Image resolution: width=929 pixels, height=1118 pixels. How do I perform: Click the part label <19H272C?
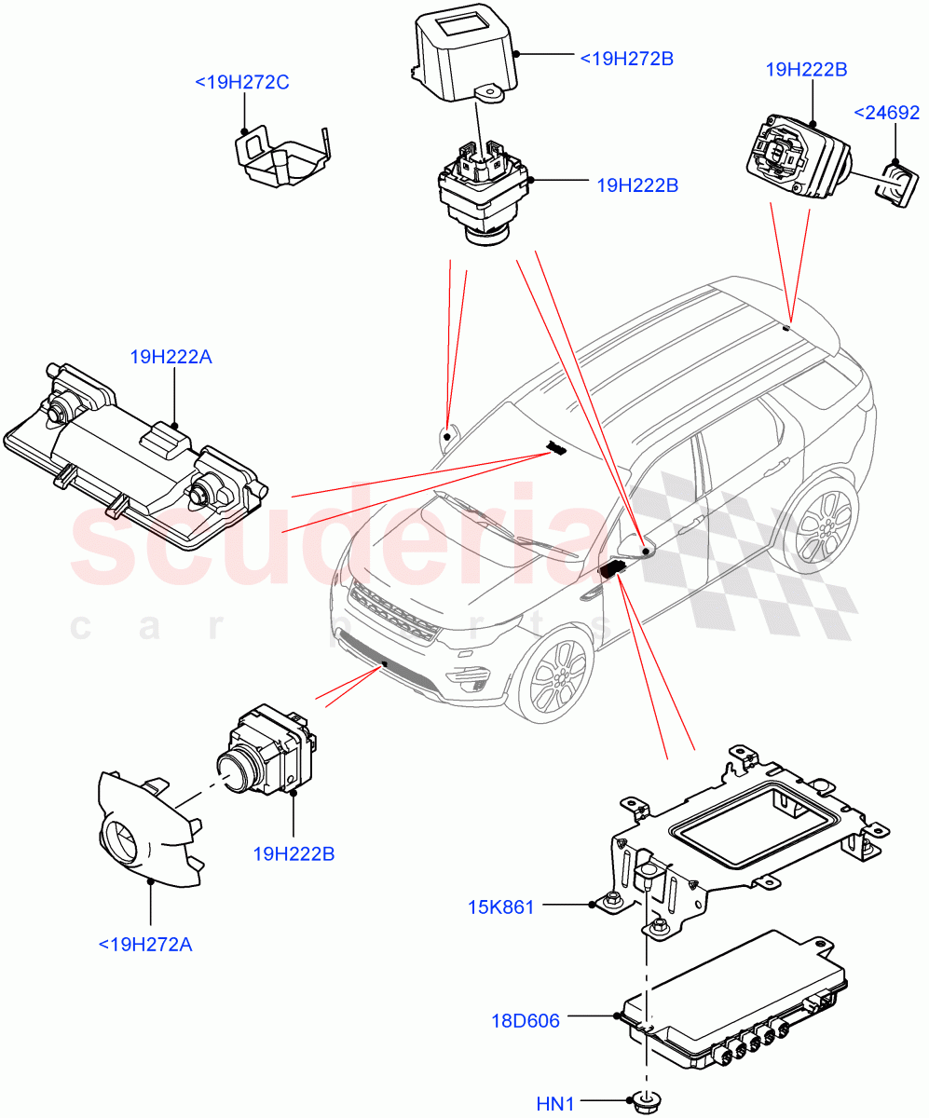pyautogui.click(x=242, y=83)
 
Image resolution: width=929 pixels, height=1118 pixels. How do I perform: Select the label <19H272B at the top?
pyautogui.click(x=626, y=59)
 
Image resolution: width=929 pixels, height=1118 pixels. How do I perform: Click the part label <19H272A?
pyautogui.click(x=145, y=945)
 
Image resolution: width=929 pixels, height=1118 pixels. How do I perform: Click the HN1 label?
pyautogui.click(x=555, y=1105)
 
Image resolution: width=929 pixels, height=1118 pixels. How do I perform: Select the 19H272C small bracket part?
pyautogui.click(x=280, y=160)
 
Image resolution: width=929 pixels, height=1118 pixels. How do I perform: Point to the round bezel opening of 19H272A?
pyautogui.click(x=120, y=839)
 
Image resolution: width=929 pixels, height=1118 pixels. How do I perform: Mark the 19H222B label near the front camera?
pyautogui.click(x=294, y=853)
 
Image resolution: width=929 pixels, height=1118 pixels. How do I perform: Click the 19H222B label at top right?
pyautogui.click(x=806, y=69)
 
